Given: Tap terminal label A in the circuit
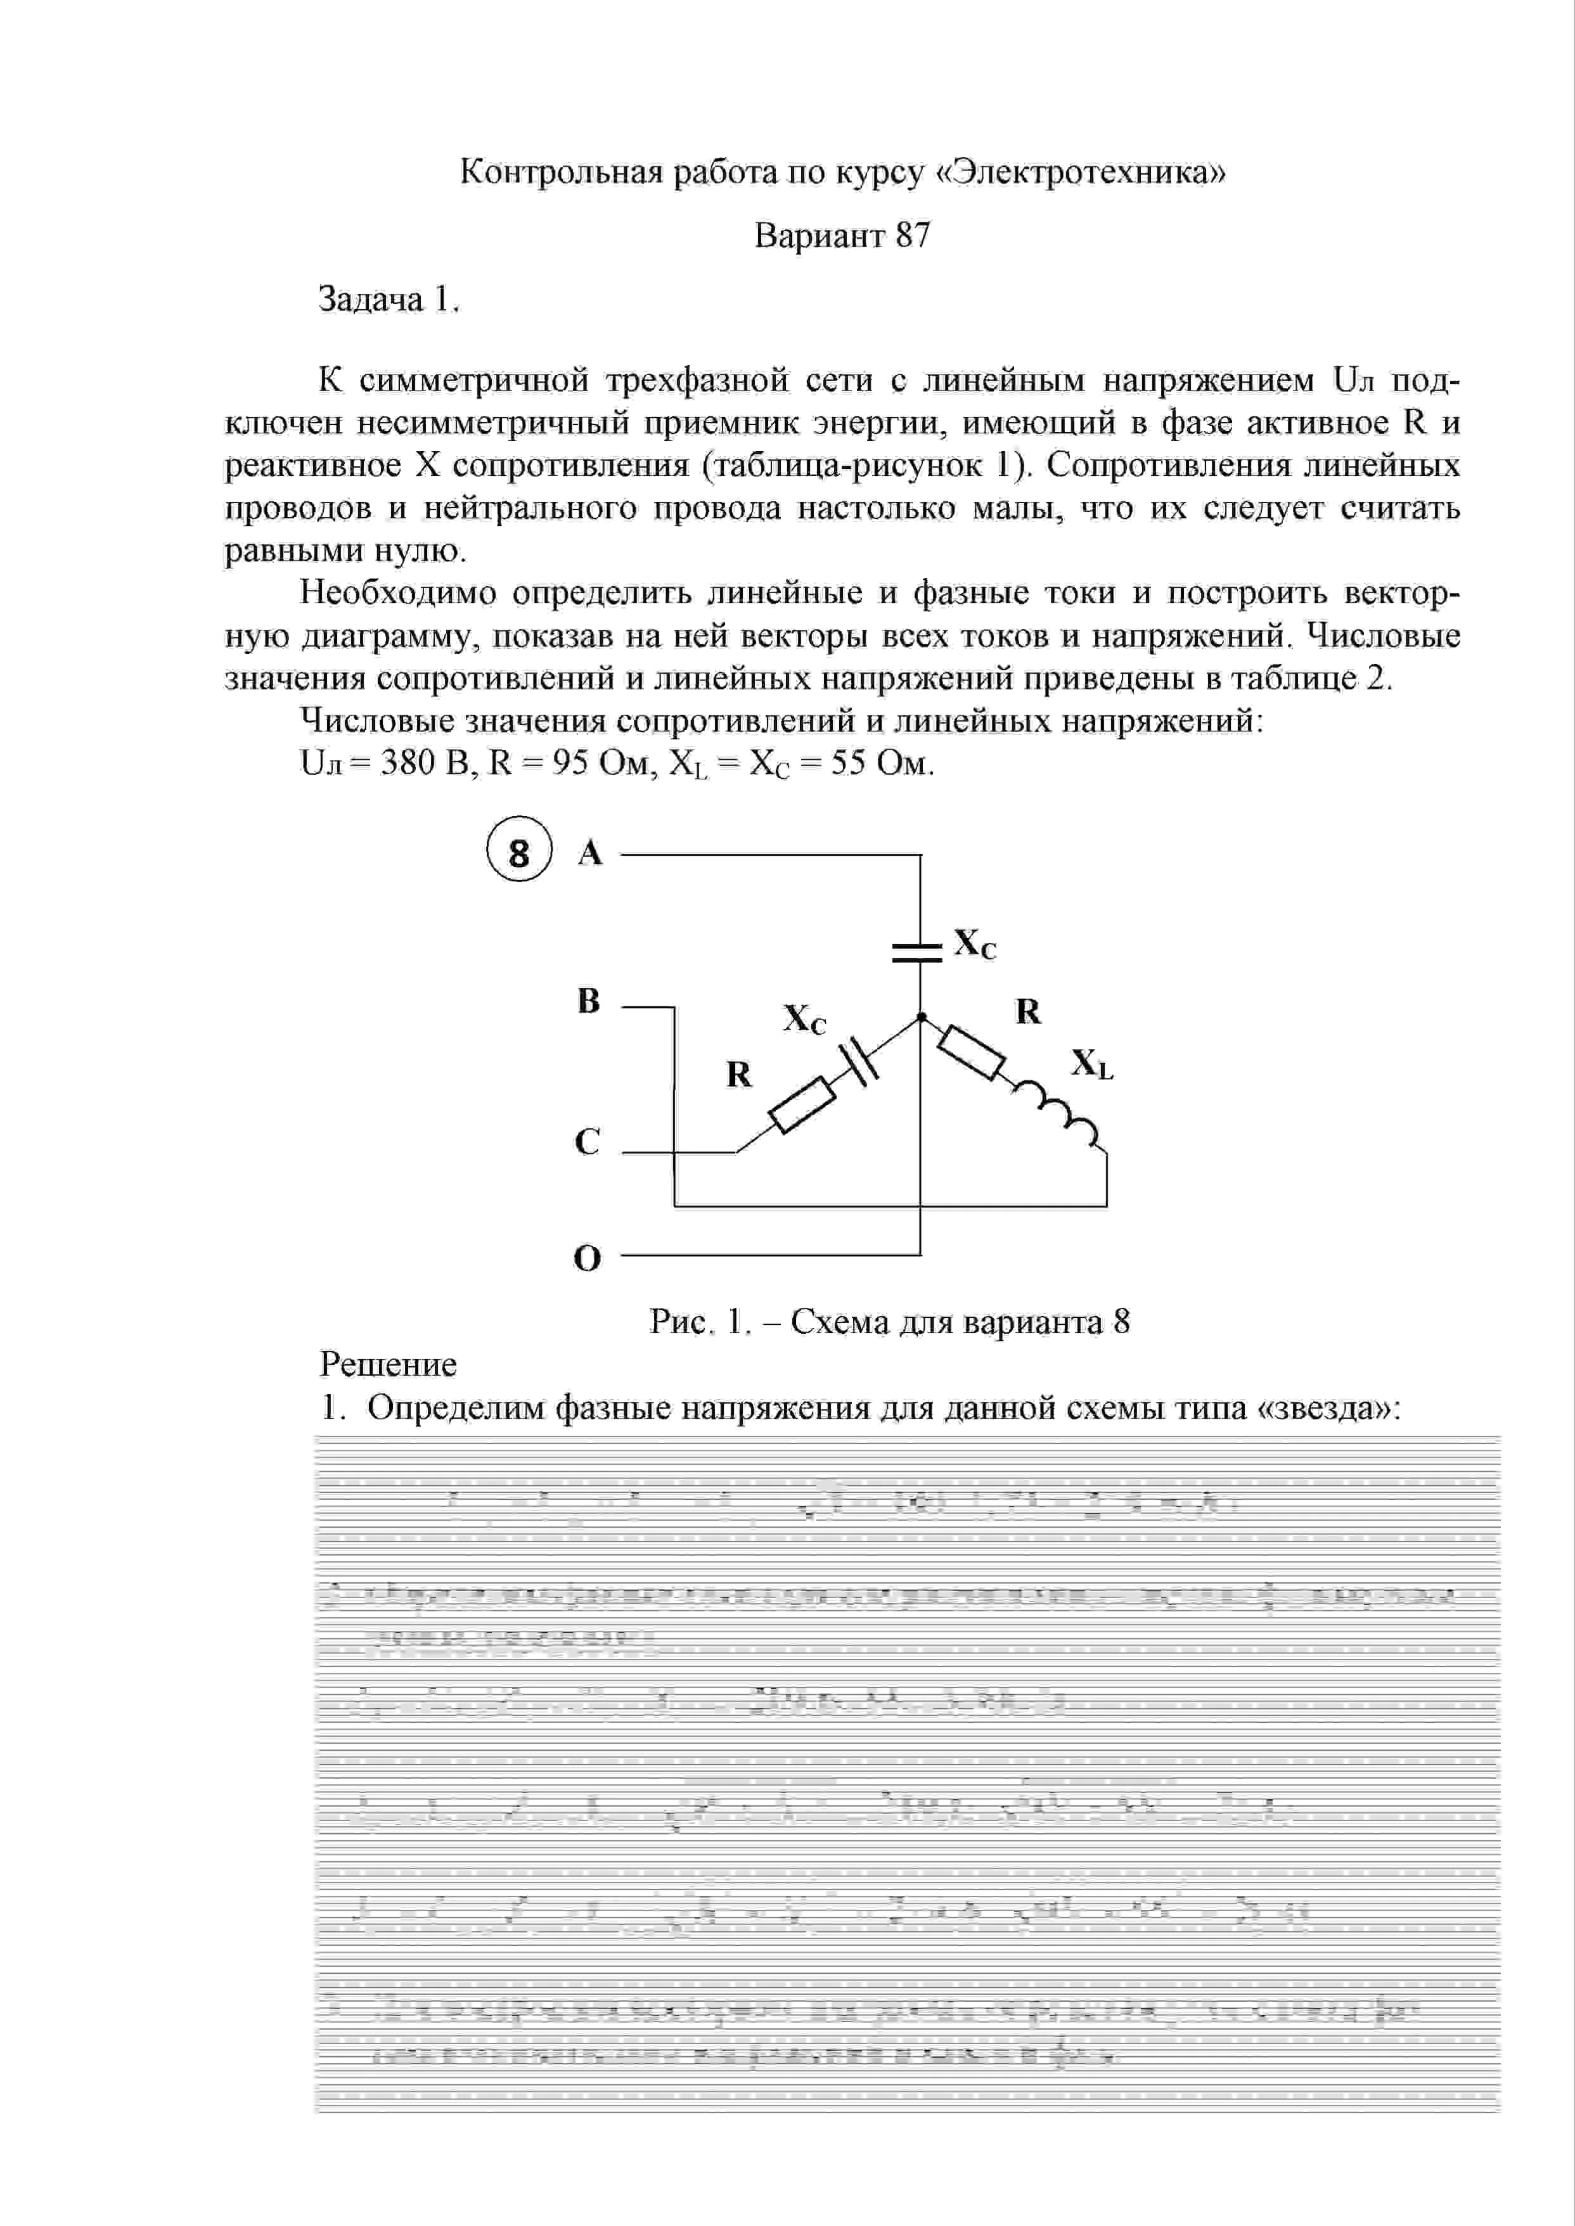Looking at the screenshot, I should [589, 853].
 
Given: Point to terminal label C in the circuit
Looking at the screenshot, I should [588, 1141].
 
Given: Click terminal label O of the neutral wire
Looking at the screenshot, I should [588, 1258].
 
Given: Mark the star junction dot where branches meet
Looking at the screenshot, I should [920, 1017].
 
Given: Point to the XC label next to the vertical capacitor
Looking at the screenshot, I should [975, 943].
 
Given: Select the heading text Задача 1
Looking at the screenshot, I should [388, 300].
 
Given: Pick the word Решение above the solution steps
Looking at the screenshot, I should [388, 1364].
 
